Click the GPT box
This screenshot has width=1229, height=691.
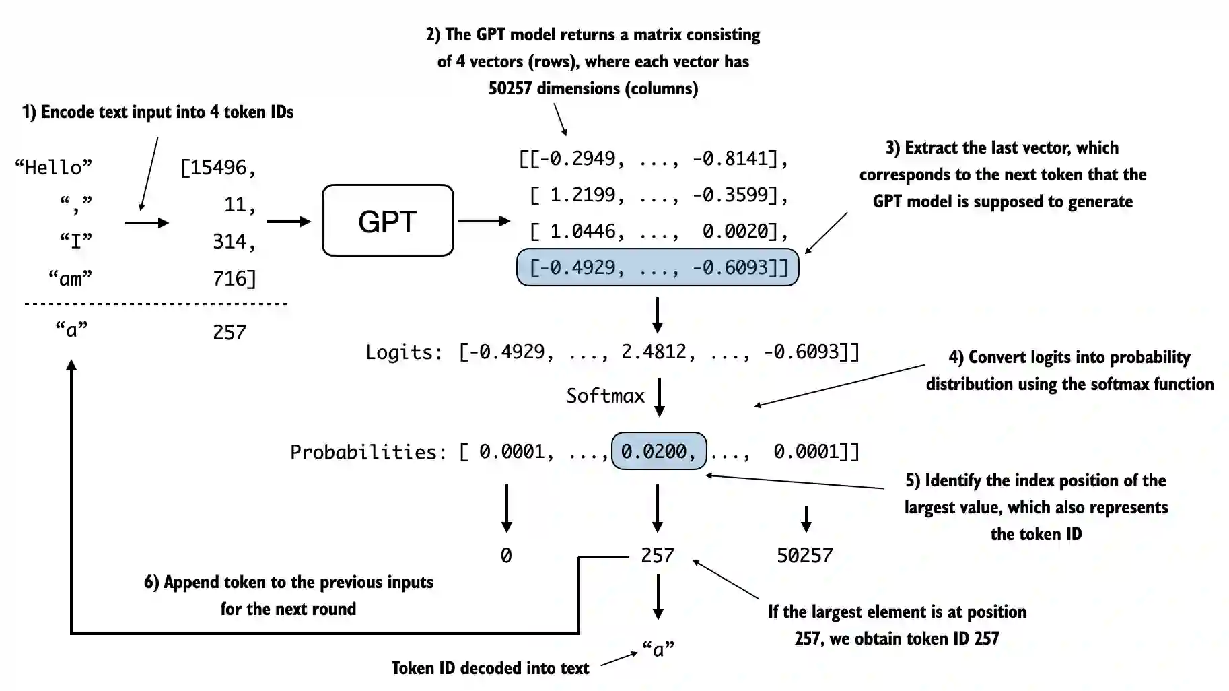(388, 220)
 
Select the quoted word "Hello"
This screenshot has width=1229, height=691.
(53, 167)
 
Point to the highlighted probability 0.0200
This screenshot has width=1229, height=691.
(658, 451)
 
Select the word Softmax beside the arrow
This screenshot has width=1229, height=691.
(605, 395)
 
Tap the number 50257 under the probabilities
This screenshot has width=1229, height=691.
(804, 555)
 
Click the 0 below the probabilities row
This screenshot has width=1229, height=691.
(506, 555)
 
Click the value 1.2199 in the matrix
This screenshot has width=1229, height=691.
(582, 195)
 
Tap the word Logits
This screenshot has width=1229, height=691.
(402, 352)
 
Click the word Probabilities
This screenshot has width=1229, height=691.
(367, 451)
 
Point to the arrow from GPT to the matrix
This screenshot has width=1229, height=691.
(483, 221)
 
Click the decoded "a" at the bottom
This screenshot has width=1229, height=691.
(658, 649)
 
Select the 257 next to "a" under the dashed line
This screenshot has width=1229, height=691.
(230, 332)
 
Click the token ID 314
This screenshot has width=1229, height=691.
(230, 241)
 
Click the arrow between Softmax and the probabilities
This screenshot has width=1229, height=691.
(660, 397)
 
